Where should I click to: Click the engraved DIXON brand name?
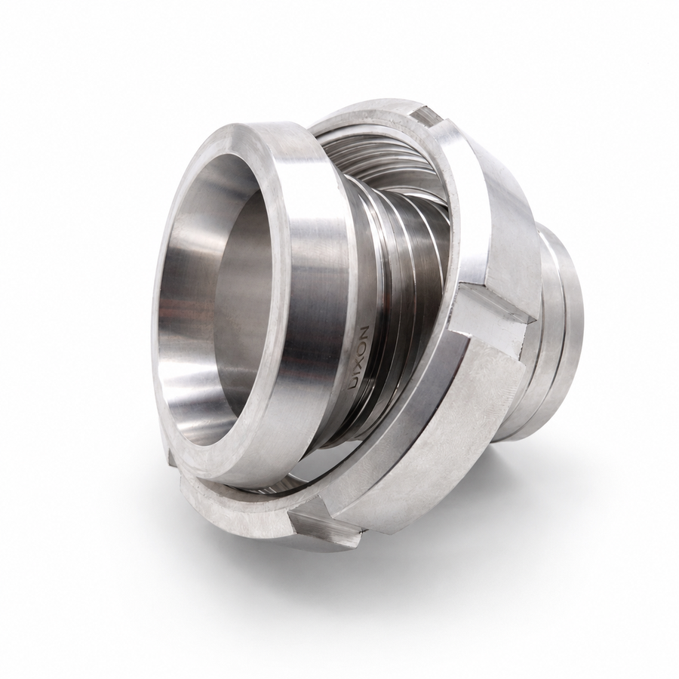coord(360,357)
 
